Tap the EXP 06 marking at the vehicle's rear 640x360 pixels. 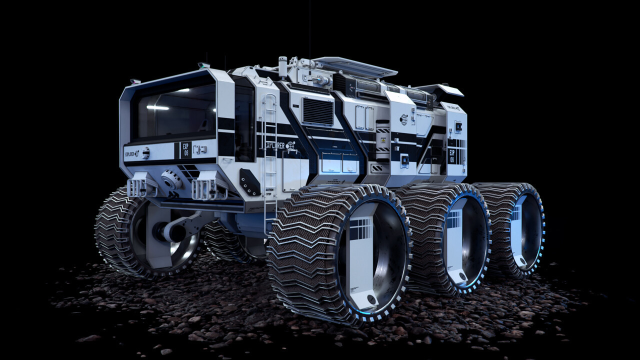(x=451, y=156)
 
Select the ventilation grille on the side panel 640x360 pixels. (x=317, y=111)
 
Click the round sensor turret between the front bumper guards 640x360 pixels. (x=171, y=179)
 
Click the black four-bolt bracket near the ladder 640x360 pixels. (x=249, y=181)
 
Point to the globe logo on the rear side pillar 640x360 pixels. (x=403, y=119)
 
